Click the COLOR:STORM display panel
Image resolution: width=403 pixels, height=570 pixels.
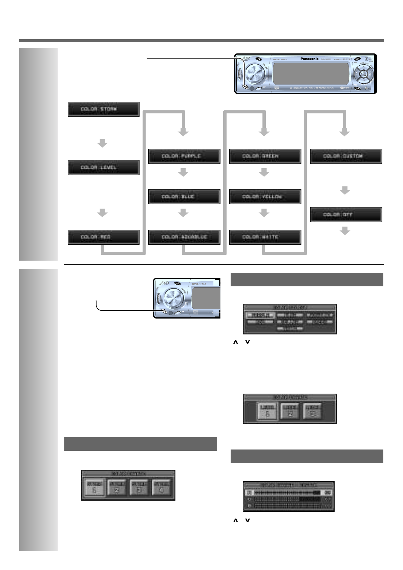point(103,109)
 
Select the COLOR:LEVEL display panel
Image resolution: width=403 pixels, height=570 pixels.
point(103,168)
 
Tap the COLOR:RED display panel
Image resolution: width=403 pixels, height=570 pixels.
point(103,237)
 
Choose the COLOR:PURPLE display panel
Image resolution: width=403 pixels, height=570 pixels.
point(184,156)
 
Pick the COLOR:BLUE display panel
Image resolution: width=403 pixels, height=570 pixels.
point(184,197)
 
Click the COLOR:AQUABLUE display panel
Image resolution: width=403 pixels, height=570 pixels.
point(184,237)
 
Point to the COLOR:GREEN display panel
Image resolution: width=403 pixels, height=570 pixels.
point(265,156)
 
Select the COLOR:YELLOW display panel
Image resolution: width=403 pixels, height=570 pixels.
point(265,197)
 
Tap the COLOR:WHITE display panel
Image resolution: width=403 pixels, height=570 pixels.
point(265,237)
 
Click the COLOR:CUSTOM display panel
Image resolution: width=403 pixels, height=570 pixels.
point(346,156)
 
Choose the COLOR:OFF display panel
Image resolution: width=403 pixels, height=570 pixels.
point(346,215)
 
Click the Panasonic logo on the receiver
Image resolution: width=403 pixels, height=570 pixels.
point(309,59)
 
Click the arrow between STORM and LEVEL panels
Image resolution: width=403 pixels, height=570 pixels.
point(102,143)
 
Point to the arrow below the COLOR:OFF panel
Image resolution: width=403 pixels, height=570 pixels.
point(345,231)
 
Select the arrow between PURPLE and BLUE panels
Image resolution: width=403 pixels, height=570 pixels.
point(183,173)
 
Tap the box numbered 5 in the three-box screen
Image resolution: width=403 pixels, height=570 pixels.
point(268,411)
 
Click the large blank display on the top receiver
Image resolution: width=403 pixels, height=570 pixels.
point(311,73)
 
